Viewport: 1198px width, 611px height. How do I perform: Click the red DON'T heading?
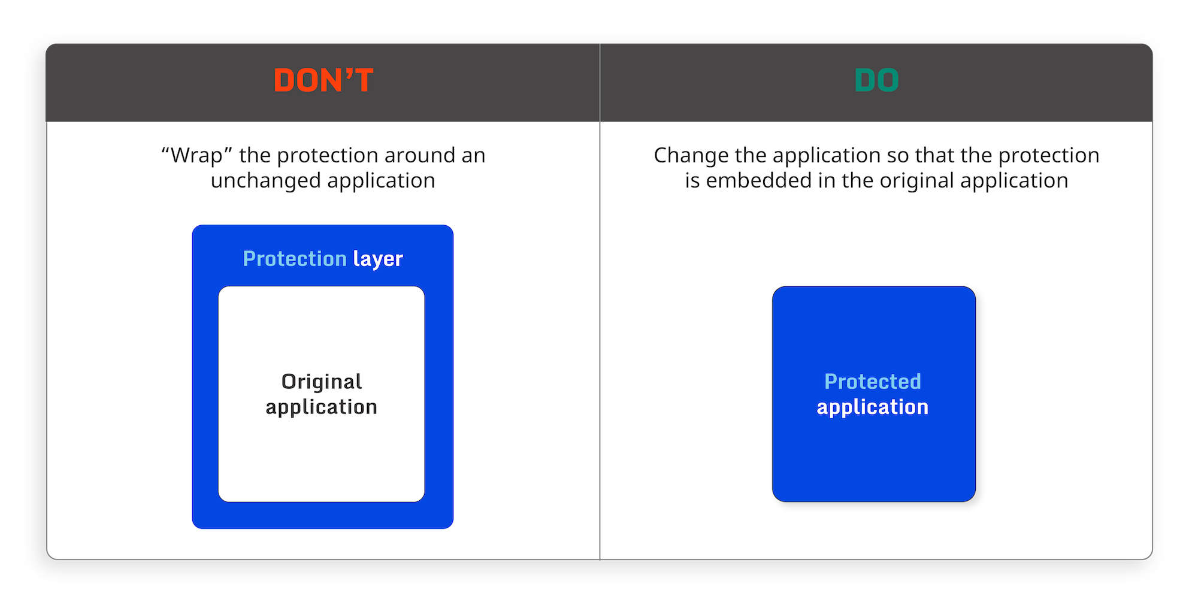(323, 80)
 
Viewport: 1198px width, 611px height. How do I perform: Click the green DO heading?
(876, 80)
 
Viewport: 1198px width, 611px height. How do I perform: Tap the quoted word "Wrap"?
(196, 156)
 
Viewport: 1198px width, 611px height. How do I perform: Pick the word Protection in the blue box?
(295, 259)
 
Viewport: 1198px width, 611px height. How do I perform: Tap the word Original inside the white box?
(322, 382)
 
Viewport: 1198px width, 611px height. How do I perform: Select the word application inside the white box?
(322, 407)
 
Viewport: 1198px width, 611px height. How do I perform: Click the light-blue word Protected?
(873, 382)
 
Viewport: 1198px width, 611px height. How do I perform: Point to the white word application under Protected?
(873, 407)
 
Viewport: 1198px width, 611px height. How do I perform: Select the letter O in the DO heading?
(887, 80)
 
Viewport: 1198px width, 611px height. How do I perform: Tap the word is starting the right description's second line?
(692, 181)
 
